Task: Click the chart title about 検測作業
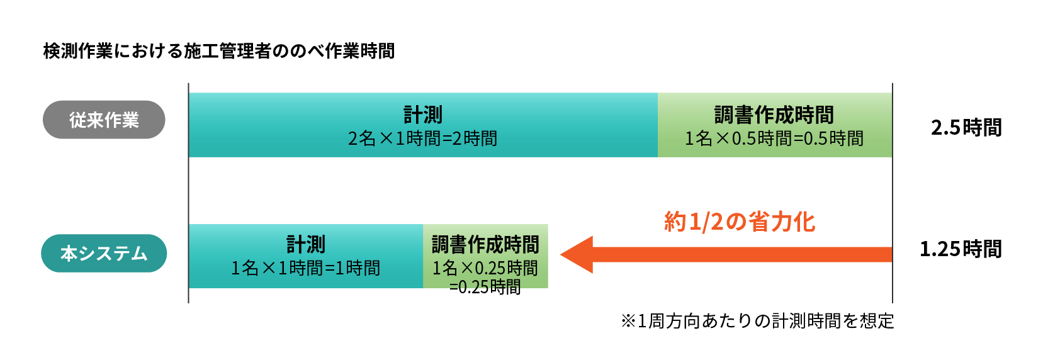pyautogui.click(x=218, y=51)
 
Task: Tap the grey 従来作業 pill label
pyautogui.click(x=104, y=120)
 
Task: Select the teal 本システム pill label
pyautogui.click(x=104, y=253)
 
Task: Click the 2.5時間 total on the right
pyautogui.click(x=966, y=128)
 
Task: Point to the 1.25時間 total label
pyautogui.click(x=961, y=249)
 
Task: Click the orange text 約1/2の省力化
pyautogui.click(x=740, y=222)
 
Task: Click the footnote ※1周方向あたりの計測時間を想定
pyautogui.click(x=757, y=321)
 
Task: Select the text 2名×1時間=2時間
pyautogui.click(x=422, y=138)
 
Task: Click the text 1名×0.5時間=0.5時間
pyautogui.click(x=774, y=138)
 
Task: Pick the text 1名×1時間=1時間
pyautogui.click(x=305, y=268)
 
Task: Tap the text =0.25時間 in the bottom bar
pyautogui.click(x=485, y=287)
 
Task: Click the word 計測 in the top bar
pyautogui.click(x=423, y=115)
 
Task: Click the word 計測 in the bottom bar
pyautogui.click(x=306, y=244)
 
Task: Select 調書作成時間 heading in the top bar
pyautogui.click(x=774, y=115)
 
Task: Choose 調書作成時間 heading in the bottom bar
pyautogui.click(x=485, y=244)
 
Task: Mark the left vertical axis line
pyautogui.click(x=188, y=189)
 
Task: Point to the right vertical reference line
pyautogui.click(x=892, y=189)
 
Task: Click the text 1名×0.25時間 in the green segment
pyautogui.click(x=485, y=268)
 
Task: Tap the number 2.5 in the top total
pyautogui.click(x=945, y=128)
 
